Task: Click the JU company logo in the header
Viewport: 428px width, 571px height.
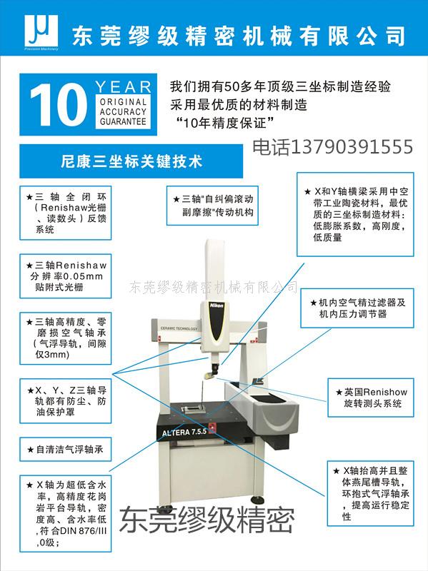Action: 41,32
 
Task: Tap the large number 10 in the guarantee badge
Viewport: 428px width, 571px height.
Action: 59,104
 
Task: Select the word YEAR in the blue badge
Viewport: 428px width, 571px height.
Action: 123,87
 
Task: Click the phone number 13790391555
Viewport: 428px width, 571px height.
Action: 352,147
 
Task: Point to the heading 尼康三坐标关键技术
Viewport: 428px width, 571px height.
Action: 131,161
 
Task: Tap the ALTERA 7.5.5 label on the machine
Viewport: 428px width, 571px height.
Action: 184,433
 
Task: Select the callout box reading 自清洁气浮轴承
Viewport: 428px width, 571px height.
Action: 66,450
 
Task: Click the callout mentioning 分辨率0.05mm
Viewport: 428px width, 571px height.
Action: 66,276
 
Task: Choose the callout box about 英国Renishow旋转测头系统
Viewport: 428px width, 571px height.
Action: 371,398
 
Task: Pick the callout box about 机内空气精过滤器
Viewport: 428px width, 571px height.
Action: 357,308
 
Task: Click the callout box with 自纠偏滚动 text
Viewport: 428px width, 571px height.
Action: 212,206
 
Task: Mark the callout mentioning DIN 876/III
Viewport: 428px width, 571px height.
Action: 66,513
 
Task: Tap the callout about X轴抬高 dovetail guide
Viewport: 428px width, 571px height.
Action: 371,493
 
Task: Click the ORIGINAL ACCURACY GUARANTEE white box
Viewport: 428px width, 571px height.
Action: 123,112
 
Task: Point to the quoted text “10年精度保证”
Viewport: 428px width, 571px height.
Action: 224,123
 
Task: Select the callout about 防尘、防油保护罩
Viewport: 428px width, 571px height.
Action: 66,400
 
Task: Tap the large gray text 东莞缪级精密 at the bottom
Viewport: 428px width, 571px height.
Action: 206,521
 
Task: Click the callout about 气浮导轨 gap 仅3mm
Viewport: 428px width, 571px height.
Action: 66,338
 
